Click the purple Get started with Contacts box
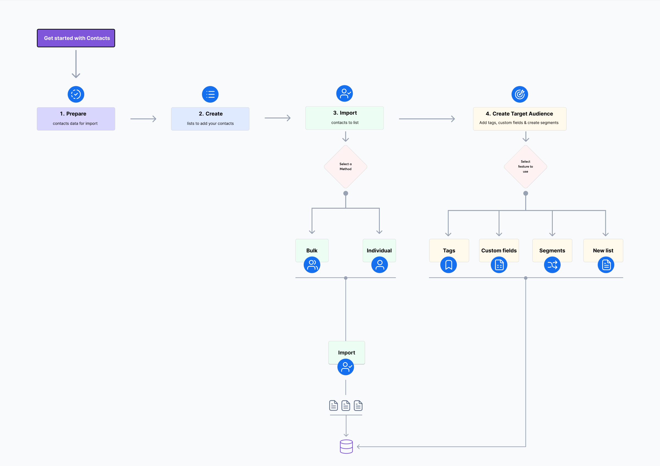click(76, 38)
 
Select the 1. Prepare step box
click(76, 119)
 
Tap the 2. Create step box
click(210, 119)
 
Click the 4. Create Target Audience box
click(519, 119)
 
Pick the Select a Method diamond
click(345, 167)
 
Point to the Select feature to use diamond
click(525, 167)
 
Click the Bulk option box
click(312, 250)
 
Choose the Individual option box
click(379, 250)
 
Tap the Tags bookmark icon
click(449, 265)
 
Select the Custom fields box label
click(499, 250)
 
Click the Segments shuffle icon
click(552, 265)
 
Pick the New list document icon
click(606, 265)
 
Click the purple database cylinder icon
click(346, 446)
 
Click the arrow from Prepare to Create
click(143, 119)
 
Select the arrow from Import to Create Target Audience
click(427, 119)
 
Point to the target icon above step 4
click(519, 94)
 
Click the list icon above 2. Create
click(210, 94)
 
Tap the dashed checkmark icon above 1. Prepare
click(76, 94)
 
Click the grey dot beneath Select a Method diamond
click(345, 193)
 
